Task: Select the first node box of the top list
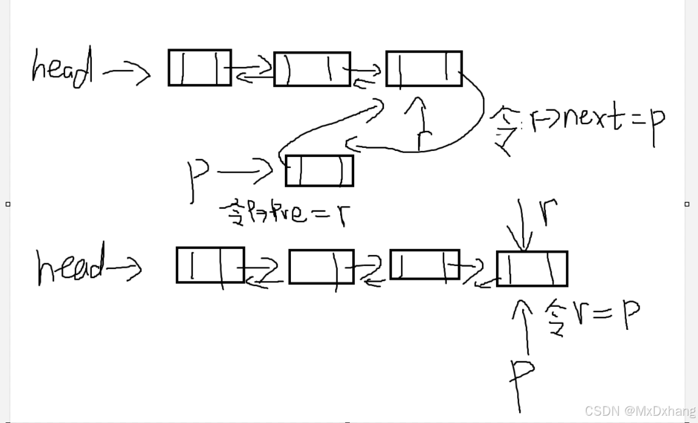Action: pos(200,68)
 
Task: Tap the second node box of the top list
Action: pos(312,69)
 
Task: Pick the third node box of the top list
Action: pos(424,69)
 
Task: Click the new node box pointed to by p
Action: pos(319,171)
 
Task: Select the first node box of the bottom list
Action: pos(210,265)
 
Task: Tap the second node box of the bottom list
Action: pos(321,267)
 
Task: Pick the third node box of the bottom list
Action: pos(424,264)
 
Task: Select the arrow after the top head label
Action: pos(126,74)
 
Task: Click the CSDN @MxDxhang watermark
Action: pos(640,411)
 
